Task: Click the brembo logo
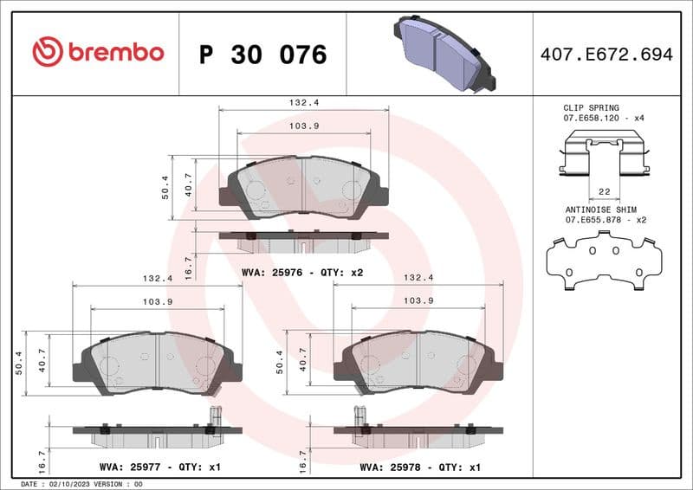tap(98, 52)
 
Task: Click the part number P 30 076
tap(262, 55)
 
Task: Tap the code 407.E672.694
tap(606, 55)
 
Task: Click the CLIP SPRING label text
tap(593, 107)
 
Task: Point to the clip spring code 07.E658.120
tap(593, 118)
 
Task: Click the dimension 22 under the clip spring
tap(605, 190)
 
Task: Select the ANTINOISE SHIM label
tap(601, 210)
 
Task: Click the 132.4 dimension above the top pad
tap(303, 102)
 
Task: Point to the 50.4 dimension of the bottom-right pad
tap(280, 362)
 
